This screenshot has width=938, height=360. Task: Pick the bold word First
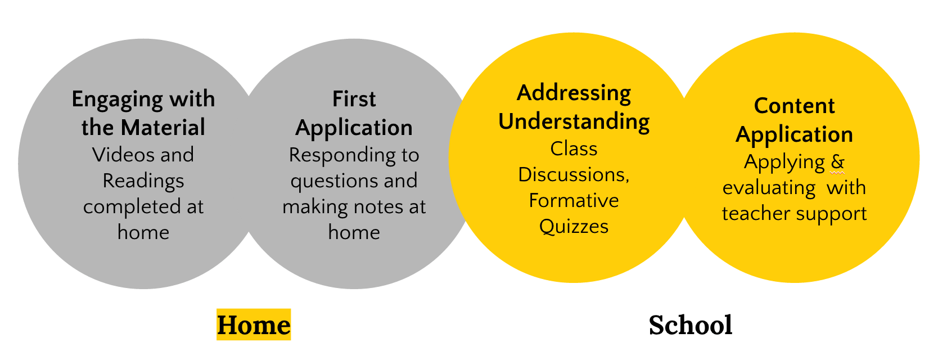click(354, 100)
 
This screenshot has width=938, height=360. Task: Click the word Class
click(574, 148)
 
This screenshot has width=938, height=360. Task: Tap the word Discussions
click(574, 175)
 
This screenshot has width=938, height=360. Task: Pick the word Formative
click(574, 200)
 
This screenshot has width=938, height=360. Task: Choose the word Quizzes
click(574, 227)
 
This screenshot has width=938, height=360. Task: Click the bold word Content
click(795, 106)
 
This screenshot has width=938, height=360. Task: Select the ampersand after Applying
click(837, 162)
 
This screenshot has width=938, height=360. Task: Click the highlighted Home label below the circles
click(254, 325)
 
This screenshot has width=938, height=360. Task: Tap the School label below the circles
click(691, 325)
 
